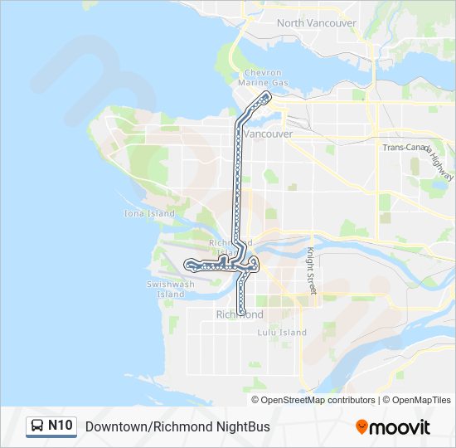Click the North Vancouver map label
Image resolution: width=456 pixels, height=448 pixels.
[x=317, y=23]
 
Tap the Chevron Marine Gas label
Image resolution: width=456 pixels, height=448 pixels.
[x=263, y=78]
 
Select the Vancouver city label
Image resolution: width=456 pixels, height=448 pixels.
[x=270, y=134]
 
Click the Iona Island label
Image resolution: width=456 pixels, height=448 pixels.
[x=149, y=213]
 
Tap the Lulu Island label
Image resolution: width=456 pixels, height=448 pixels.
[x=282, y=333]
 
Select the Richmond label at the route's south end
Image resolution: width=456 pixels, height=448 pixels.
[x=240, y=315]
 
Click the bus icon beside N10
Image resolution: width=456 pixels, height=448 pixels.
[x=36, y=426]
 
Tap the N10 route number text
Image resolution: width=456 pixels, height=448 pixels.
[x=60, y=426]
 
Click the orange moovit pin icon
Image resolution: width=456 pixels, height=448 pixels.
[x=361, y=427]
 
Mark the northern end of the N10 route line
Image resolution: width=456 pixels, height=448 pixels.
[x=269, y=95]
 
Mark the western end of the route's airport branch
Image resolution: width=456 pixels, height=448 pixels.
[x=191, y=265]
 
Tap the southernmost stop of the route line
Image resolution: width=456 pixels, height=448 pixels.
[x=242, y=311]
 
